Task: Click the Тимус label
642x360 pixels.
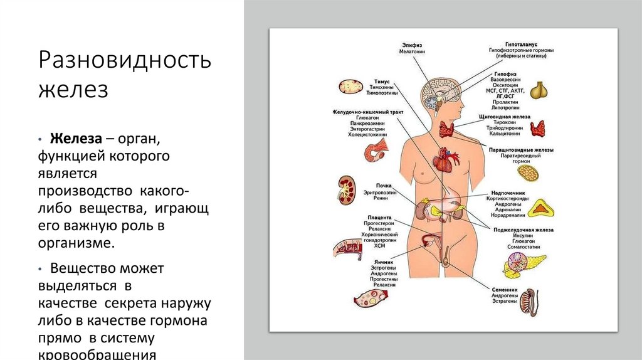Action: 382,82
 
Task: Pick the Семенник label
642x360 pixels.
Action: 505,290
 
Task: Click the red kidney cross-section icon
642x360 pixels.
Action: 345,189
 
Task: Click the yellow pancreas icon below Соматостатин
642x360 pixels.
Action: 520,266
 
